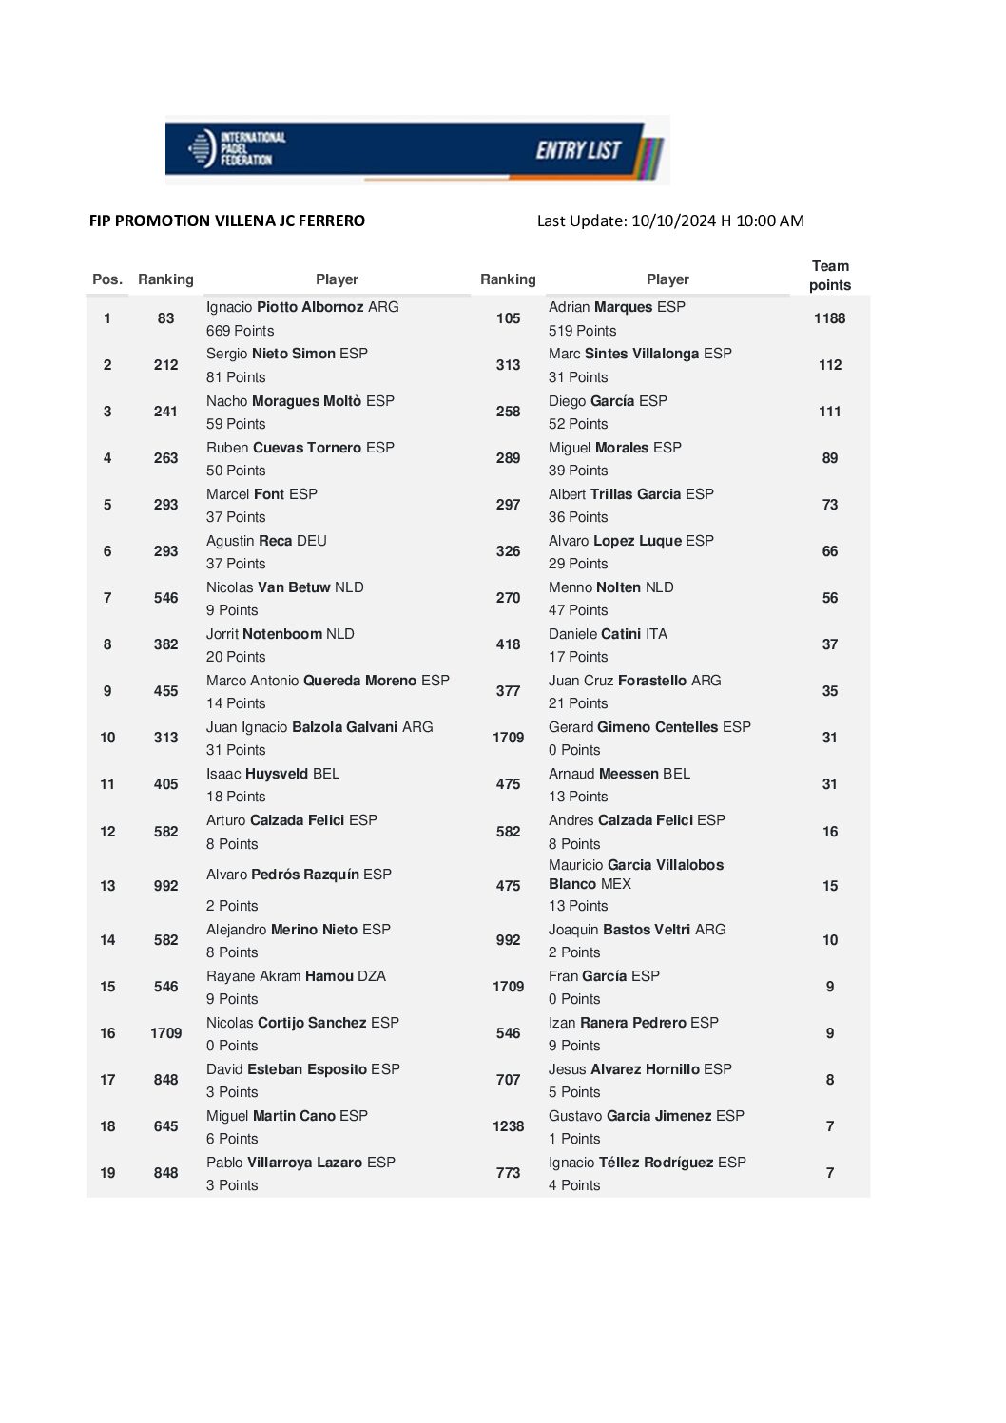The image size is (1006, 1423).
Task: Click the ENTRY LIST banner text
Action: pyautogui.click(x=578, y=150)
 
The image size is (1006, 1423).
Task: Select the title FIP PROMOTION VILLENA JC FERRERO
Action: pyautogui.click(x=227, y=221)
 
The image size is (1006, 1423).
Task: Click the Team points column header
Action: pyautogui.click(x=829, y=276)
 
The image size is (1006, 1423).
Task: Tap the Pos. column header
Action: pyautogui.click(x=107, y=279)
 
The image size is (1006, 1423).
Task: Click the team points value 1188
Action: pyautogui.click(x=829, y=318)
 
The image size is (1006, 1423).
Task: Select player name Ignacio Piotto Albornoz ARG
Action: pyautogui.click(x=302, y=307)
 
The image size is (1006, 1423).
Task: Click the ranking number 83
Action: pyautogui.click(x=165, y=318)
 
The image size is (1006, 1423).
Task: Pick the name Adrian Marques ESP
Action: pyautogui.click(x=616, y=307)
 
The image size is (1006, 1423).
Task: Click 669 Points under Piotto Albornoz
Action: pyautogui.click(x=240, y=331)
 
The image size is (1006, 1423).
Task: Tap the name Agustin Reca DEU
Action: pyautogui.click(x=266, y=541)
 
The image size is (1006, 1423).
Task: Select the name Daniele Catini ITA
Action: pyautogui.click(x=608, y=634)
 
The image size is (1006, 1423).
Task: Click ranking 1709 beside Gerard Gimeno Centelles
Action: pyautogui.click(x=508, y=738)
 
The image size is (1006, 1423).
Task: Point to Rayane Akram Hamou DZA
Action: pyautogui.click(x=296, y=976)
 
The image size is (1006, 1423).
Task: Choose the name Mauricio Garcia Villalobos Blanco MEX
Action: pyautogui.click(x=635, y=875)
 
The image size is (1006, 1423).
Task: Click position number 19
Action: pyautogui.click(x=107, y=1173)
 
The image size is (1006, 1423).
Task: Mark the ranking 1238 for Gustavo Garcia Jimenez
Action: pyautogui.click(x=508, y=1126)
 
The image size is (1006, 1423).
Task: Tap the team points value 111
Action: pyautogui.click(x=829, y=412)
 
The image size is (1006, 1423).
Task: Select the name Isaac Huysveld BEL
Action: pyautogui.click(x=273, y=774)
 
